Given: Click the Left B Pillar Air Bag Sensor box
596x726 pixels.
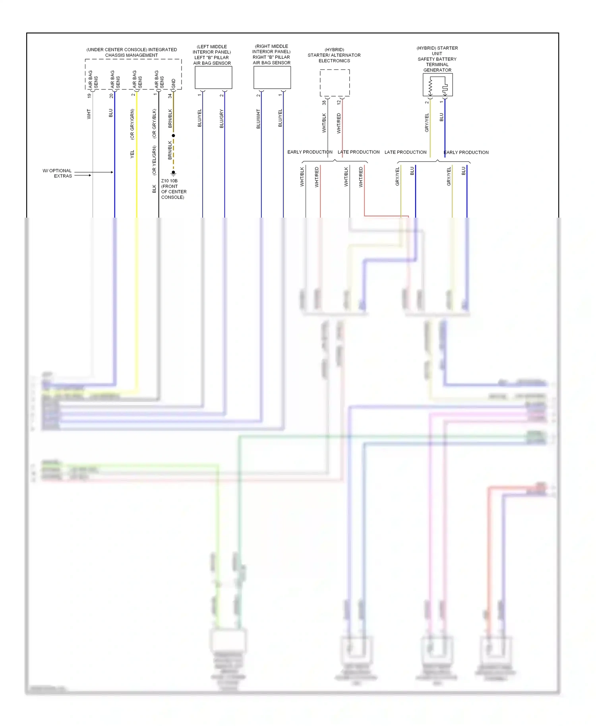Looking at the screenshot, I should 213,77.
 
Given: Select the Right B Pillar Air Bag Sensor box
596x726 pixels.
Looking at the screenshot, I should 272,77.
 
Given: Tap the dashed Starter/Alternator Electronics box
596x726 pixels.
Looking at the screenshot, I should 335,83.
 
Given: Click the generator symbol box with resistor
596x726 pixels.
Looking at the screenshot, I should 437,85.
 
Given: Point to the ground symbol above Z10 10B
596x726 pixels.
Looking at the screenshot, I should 173,173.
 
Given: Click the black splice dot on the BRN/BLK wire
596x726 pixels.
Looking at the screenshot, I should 173,135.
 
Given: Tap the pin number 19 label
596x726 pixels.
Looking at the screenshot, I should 89,96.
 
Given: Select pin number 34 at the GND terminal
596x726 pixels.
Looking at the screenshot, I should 170,96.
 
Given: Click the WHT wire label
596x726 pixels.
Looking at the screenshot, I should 89,114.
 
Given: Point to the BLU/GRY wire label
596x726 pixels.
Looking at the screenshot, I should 222,118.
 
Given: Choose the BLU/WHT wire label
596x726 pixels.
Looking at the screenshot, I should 258,119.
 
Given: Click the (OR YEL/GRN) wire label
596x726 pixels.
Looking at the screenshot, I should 154,160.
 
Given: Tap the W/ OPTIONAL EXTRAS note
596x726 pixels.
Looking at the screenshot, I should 58,173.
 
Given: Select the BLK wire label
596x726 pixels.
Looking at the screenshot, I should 154,189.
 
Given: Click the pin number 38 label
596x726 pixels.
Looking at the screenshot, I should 324,102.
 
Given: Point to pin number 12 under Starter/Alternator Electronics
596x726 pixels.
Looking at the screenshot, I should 339,102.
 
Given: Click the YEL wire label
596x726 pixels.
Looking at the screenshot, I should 132,154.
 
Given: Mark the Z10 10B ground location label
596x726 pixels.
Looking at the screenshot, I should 174,189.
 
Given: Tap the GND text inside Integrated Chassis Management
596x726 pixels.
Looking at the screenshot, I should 174,83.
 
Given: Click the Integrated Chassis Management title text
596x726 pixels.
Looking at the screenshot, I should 132,52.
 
